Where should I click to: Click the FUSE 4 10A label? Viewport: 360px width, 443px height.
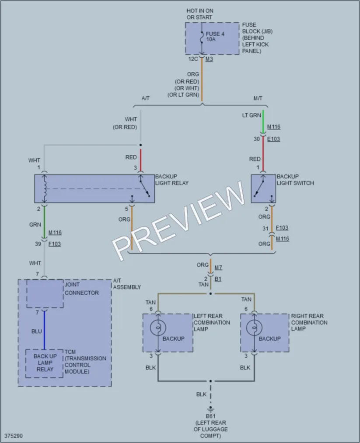(215, 36)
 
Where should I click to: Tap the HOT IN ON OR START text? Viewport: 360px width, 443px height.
(200, 14)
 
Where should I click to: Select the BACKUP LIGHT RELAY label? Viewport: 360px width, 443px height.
(171, 180)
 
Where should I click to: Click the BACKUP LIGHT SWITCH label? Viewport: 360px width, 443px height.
(295, 180)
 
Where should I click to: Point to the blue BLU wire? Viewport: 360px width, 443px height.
(44, 330)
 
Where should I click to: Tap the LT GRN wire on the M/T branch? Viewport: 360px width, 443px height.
(263, 122)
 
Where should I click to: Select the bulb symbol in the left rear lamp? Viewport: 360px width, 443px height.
(157, 328)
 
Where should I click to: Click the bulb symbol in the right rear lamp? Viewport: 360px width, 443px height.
(254, 328)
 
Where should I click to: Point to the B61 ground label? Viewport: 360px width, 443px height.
(210, 416)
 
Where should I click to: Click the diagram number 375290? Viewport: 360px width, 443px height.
(14, 436)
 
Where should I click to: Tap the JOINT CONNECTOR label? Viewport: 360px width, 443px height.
(82, 289)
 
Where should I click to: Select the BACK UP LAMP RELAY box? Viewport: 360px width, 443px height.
(44, 363)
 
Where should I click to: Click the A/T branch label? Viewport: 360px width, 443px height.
(146, 98)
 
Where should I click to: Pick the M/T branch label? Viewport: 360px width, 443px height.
(258, 98)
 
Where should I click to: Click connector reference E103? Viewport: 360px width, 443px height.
(273, 139)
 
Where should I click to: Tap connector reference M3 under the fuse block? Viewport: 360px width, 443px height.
(209, 59)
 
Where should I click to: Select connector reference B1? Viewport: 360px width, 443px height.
(218, 279)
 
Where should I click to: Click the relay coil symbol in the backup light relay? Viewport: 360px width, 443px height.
(44, 188)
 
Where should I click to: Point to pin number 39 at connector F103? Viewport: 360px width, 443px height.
(38, 244)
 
